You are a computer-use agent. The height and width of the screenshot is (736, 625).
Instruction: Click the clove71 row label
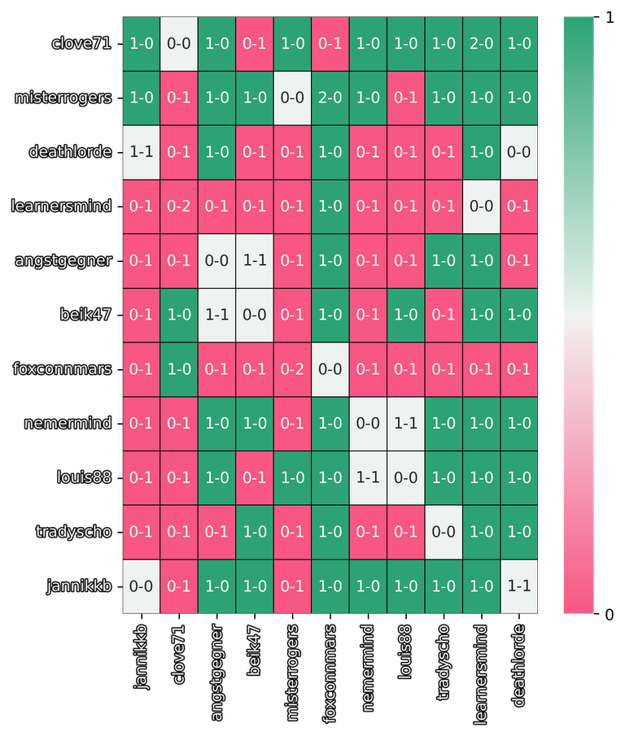point(81,44)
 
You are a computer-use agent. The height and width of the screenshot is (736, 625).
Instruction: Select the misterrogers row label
point(63,98)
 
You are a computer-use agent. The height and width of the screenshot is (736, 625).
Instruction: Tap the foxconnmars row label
point(62,369)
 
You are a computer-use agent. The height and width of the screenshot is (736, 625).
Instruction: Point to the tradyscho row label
point(73,532)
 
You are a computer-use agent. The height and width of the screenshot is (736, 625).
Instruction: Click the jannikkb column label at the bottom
point(142,658)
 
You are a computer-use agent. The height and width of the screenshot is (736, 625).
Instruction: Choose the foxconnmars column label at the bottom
point(330,669)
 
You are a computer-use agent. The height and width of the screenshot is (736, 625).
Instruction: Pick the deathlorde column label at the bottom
point(518,662)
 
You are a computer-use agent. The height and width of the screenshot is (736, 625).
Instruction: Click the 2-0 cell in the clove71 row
point(480,44)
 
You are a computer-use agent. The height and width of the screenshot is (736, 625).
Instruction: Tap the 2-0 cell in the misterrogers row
point(330,98)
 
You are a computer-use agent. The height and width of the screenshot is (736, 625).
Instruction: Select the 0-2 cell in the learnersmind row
point(179,207)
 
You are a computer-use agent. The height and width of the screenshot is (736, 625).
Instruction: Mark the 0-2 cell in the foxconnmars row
point(292,369)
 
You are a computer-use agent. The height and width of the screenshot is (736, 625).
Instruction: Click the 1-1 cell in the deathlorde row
point(142,152)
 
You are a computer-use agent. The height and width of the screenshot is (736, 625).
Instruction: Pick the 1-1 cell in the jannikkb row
point(518,586)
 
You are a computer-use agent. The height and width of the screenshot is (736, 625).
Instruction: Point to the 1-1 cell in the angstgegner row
point(255,260)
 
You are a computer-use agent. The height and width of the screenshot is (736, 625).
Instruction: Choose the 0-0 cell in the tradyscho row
point(443,532)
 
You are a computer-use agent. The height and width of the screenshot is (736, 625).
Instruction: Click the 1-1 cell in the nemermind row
point(405,424)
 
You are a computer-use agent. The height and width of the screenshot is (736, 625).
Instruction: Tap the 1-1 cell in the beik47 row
point(217,315)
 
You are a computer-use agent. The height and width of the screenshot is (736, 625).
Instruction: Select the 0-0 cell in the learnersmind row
point(480,207)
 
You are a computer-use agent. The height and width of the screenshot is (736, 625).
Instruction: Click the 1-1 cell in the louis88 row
point(368,477)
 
